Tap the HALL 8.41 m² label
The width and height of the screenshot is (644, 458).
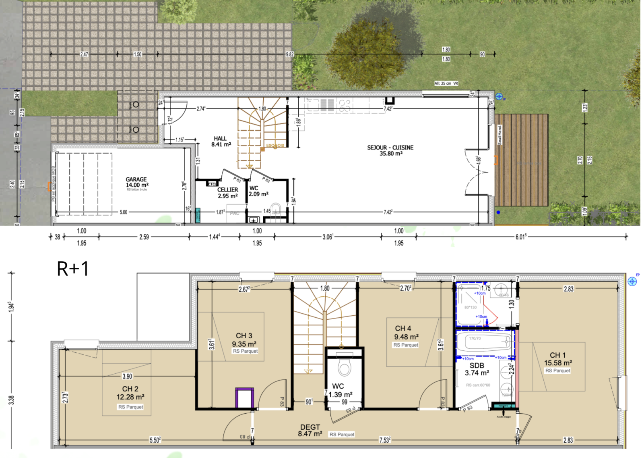(x=221, y=142)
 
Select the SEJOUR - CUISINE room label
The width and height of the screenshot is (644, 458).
(x=390, y=150)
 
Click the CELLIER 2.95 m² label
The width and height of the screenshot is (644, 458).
(x=227, y=193)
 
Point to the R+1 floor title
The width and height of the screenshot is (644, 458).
(x=72, y=269)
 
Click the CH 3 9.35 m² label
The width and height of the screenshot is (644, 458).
(x=244, y=340)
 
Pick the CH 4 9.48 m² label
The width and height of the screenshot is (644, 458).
(x=406, y=333)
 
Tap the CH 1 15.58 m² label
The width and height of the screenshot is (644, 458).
(x=558, y=359)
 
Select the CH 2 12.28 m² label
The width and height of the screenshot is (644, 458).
(x=130, y=393)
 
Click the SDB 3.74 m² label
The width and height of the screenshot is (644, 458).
(x=477, y=369)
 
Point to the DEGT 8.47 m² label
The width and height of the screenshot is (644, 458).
(x=310, y=430)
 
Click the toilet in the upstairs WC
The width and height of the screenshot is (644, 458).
(x=344, y=366)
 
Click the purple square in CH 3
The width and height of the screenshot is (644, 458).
(x=244, y=398)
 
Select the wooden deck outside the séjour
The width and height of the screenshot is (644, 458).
(x=521, y=160)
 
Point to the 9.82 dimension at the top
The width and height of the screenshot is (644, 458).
(x=289, y=54)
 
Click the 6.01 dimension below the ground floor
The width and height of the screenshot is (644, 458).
(x=520, y=237)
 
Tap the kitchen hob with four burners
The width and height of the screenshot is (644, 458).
(x=345, y=105)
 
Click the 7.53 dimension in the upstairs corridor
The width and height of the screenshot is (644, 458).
(x=384, y=440)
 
